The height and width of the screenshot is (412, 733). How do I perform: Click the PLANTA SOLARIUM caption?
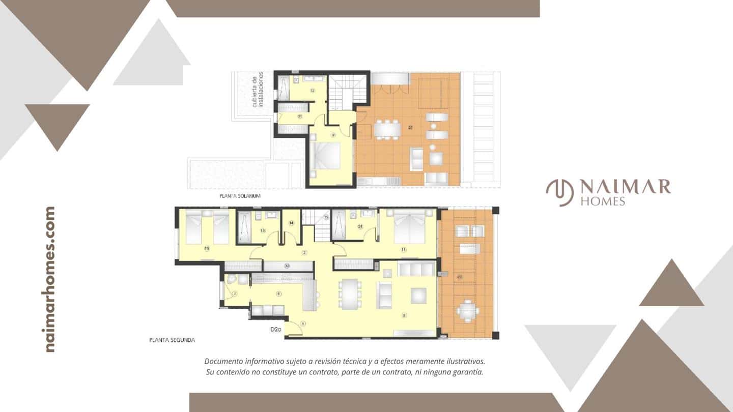[x=240, y=195]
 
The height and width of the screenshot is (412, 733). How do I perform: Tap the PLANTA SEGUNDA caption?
[x=172, y=339]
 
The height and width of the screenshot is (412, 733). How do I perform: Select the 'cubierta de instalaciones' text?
[x=258, y=90]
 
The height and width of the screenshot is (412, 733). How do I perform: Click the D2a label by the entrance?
[x=276, y=330]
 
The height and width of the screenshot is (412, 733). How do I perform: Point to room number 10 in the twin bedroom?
[x=207, y=249]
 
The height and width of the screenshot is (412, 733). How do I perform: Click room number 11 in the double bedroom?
[x=404, y=250]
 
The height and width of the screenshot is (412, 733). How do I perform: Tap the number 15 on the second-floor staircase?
[x=326, y=217]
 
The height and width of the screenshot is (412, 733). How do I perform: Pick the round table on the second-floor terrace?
[x=467, y=311]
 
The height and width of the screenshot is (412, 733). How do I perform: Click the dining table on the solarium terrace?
[x=387, y=129]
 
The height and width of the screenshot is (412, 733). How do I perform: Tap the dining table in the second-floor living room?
[x=350, y=293]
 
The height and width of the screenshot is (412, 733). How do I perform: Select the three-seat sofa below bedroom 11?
[x=416, y=269]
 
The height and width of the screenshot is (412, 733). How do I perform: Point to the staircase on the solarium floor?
[x=347, y=92]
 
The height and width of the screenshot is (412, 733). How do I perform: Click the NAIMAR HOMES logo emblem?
[x=559, y=193]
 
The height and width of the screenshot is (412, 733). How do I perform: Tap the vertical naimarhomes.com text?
[x=49, y=279]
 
